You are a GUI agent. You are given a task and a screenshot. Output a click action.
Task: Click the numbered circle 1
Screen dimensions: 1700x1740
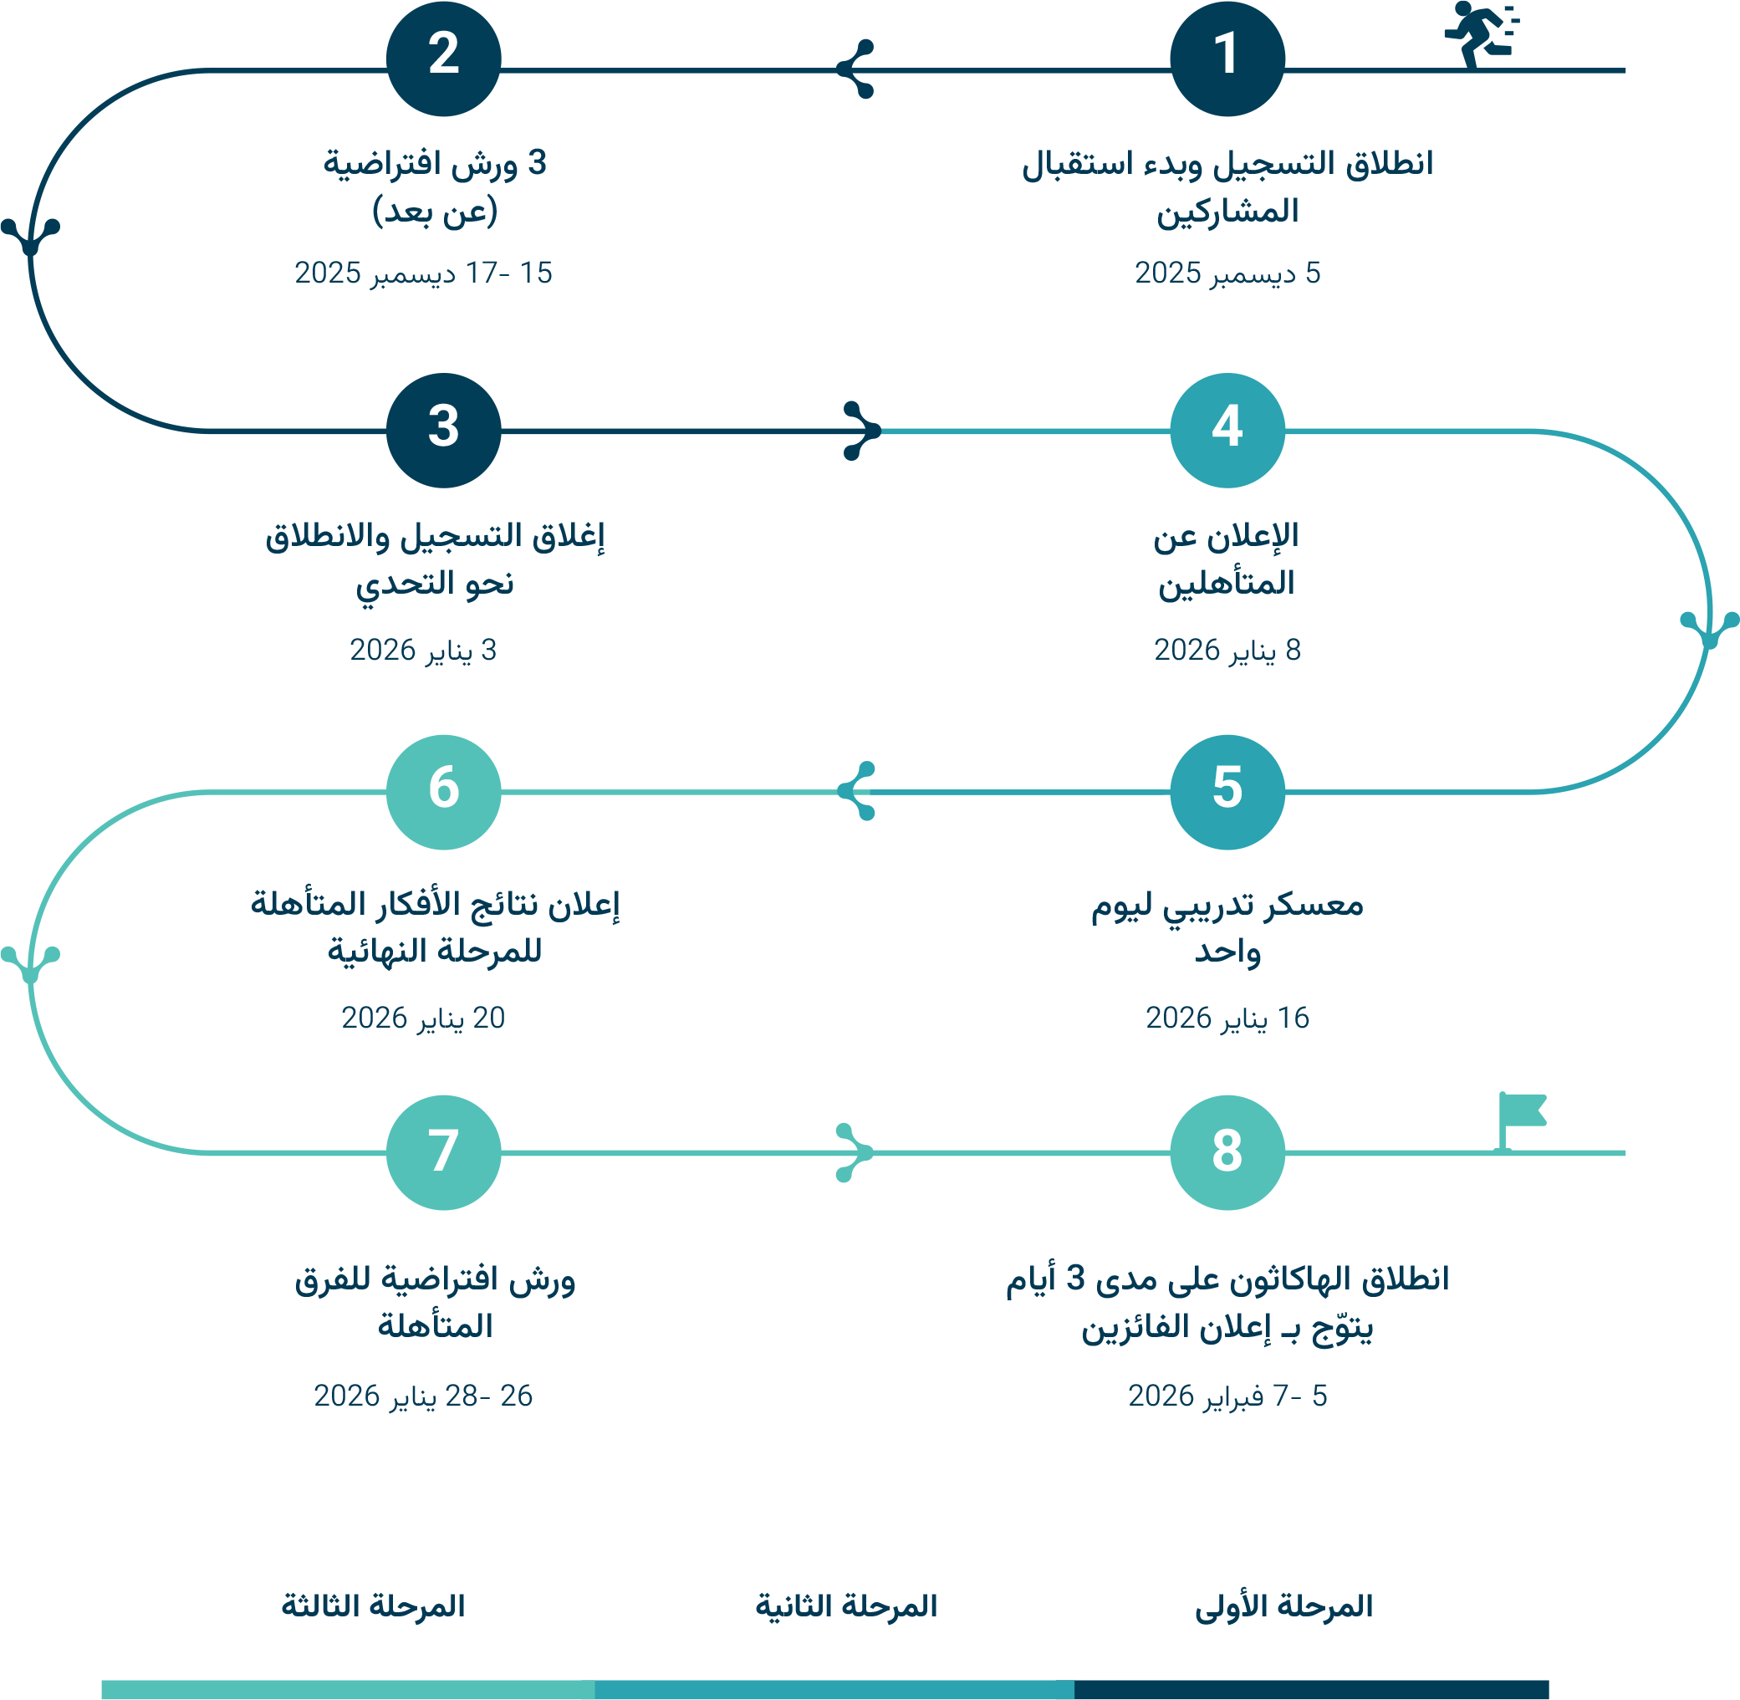pyautogui.click(x=1227, y=58)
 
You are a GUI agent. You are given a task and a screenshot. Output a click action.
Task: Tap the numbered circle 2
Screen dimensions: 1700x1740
pyautogui.click(x=443, y=58)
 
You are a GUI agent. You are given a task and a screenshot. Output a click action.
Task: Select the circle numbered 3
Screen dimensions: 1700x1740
pyautogui.click(x=443, y=431)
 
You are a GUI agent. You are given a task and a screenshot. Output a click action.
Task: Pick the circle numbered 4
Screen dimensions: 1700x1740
pyautogui.click(x=1227, y=431)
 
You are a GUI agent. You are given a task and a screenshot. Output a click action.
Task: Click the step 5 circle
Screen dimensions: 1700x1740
pyautogui.click(x=1227, y=792)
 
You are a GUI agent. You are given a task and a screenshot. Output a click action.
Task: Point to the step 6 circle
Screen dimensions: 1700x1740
pyautogui.click(x=443, y=792)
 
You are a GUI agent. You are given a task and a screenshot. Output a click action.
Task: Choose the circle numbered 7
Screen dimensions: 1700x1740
pyautogui.click(x=443, y=1152)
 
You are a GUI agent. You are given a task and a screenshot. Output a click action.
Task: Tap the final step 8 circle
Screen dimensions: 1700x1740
pyautogui.click(x=1227, y=1152)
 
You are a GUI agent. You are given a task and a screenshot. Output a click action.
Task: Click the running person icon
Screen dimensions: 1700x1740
pyautogui.click(x=1479, y=33)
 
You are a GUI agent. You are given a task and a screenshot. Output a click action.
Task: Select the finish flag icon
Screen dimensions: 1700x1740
pyautogui.click(x=1519, y=1119)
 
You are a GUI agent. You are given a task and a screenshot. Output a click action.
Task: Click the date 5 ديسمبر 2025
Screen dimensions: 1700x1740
pyautogui.click(x=1227, y=273)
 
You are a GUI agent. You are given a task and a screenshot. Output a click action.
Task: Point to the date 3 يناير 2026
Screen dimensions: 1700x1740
pyautogui.click(x=422, y=650)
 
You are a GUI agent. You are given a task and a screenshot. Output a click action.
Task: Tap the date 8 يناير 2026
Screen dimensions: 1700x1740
pyautogui.click(x=1227, y=650)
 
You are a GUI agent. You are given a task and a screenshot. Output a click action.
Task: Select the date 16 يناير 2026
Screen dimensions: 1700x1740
pyautogui.click(x=1227, y=1018)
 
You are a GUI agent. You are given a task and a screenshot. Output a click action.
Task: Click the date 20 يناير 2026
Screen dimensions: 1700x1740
pyautogui.click(x=422, y=1018)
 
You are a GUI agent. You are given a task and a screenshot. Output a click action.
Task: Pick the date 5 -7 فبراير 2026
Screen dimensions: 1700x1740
pyautogui.click(x=1227, y=1396)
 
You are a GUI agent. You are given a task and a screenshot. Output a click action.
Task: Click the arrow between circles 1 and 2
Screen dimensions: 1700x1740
pyautogui.click(x=856, y=69)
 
